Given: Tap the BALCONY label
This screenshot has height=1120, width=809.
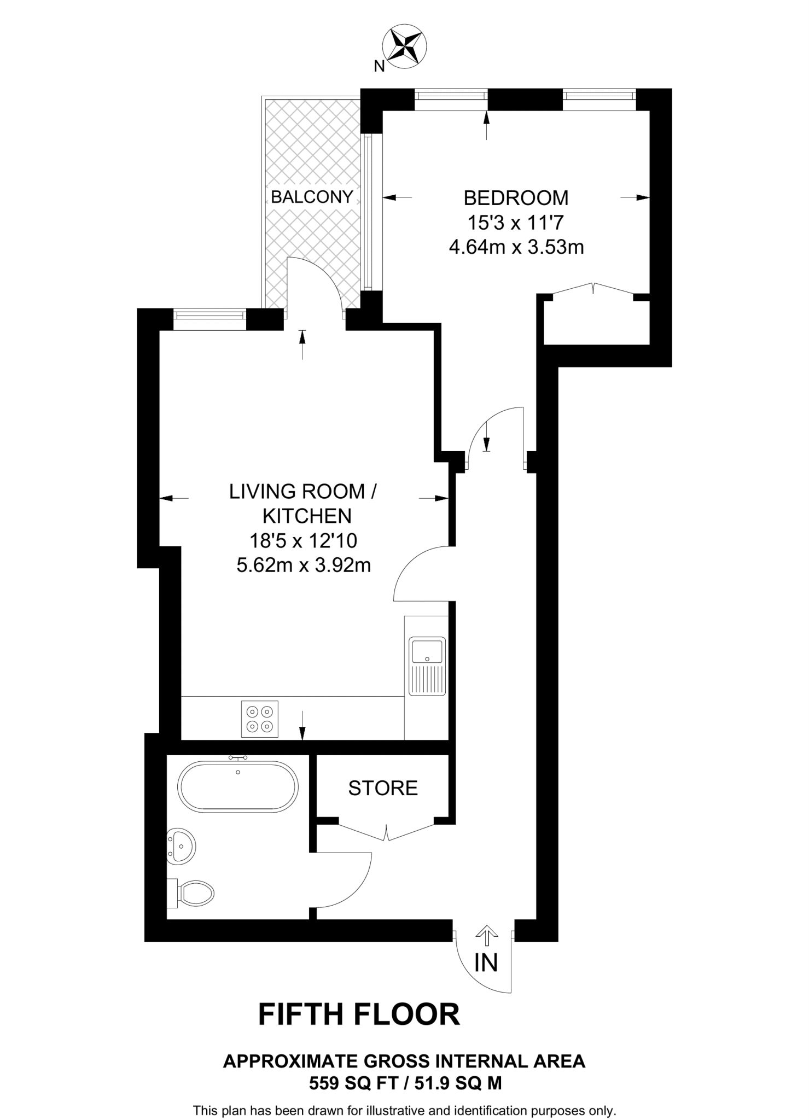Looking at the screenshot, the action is [x=312, y=197].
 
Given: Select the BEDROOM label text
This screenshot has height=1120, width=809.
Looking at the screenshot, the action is [x=516, y=197].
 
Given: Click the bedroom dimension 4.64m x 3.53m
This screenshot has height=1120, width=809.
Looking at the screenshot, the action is [x=516, y=247].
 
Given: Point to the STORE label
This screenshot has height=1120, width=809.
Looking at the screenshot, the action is [x=383, y=788].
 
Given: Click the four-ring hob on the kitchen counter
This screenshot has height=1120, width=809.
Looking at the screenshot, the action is [x=260, y=719].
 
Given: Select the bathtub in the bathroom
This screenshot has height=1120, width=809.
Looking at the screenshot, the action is [x=238, y=786].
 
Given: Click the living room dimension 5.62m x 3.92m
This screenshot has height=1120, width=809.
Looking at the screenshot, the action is [x=304, y=565].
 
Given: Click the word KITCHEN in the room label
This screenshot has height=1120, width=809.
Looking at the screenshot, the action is [x=307, y=516].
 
